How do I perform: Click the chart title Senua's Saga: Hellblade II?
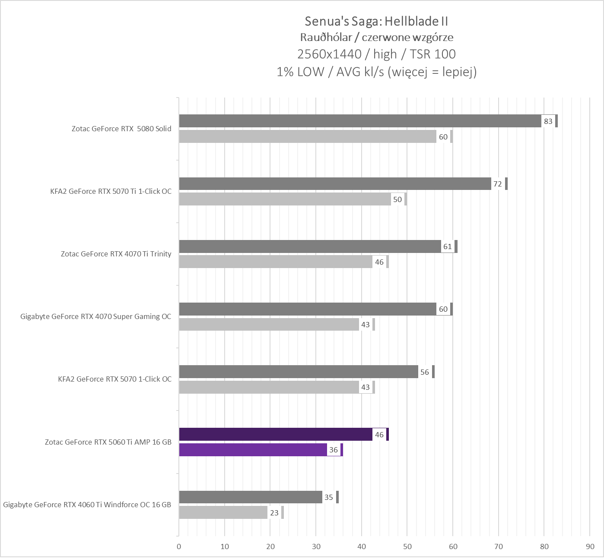click(376, 21)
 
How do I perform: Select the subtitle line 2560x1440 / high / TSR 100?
click(376, 54)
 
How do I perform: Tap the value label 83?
click(548, 121)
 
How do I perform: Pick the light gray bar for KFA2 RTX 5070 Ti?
click(285, 199)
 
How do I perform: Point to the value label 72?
click(498, 184)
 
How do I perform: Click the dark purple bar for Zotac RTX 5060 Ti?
click(276, 434)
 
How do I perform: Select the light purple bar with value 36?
click(253, 450)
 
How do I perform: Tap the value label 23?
click(274, 513)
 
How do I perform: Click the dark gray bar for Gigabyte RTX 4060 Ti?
click(251, 497)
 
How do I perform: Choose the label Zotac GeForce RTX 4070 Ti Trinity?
click(116, 254)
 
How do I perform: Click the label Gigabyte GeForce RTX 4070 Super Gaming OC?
click(95, 316)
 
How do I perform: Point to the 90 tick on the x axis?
click(590, 546)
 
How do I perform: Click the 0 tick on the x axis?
click(179, 546)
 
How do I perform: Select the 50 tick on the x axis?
click(407, 546)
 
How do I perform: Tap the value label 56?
click(425, 372)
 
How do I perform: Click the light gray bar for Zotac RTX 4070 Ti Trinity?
click(276, 262)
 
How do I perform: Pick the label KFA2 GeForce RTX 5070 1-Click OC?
click(114, 379)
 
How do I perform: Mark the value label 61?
click(447, 246)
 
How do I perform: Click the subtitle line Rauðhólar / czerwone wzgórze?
click(376, 37)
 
